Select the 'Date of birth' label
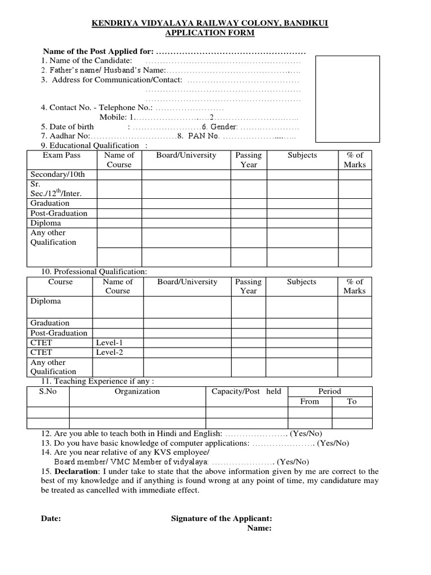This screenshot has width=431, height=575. (x=72, y=127)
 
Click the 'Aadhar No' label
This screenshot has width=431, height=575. (x=66, y=136)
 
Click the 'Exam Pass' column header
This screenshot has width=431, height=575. (x=62, y=156)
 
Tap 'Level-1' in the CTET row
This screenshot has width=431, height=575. (x=109, y=342)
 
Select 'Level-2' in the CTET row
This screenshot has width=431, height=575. (x=109, y=352)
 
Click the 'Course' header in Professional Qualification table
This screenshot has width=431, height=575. (x=61, y=282)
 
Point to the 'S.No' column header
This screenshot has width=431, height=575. (x=48, y=391)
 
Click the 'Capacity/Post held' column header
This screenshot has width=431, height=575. (x=246, y=391)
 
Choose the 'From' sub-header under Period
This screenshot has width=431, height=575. (x=309, y=401)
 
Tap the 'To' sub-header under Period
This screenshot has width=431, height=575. (x=352, y=401)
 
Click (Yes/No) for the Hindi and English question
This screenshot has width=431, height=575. (x=306, y=433)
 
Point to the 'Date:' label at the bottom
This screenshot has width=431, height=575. (x=51, y=519)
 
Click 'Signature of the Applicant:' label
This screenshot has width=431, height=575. (x=221, y=519)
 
